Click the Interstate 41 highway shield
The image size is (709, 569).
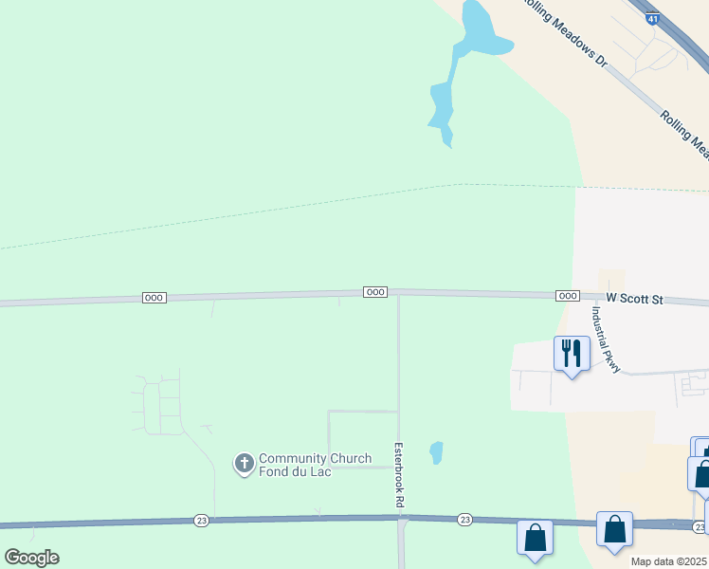651,18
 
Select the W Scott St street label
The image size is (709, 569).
634,298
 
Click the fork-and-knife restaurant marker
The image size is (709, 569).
572,354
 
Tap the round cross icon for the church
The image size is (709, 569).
244,463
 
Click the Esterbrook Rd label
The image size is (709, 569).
397,470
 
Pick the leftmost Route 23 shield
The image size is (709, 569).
201,520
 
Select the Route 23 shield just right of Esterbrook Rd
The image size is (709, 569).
464,520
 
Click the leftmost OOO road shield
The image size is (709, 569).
154,298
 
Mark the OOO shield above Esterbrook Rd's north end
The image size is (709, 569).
374,292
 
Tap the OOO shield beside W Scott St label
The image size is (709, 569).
567,296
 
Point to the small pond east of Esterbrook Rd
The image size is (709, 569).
436,452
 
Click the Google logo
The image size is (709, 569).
31,557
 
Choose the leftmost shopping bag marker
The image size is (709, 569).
535,538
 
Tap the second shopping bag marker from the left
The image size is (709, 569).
614,529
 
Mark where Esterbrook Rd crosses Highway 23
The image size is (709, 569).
398,518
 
